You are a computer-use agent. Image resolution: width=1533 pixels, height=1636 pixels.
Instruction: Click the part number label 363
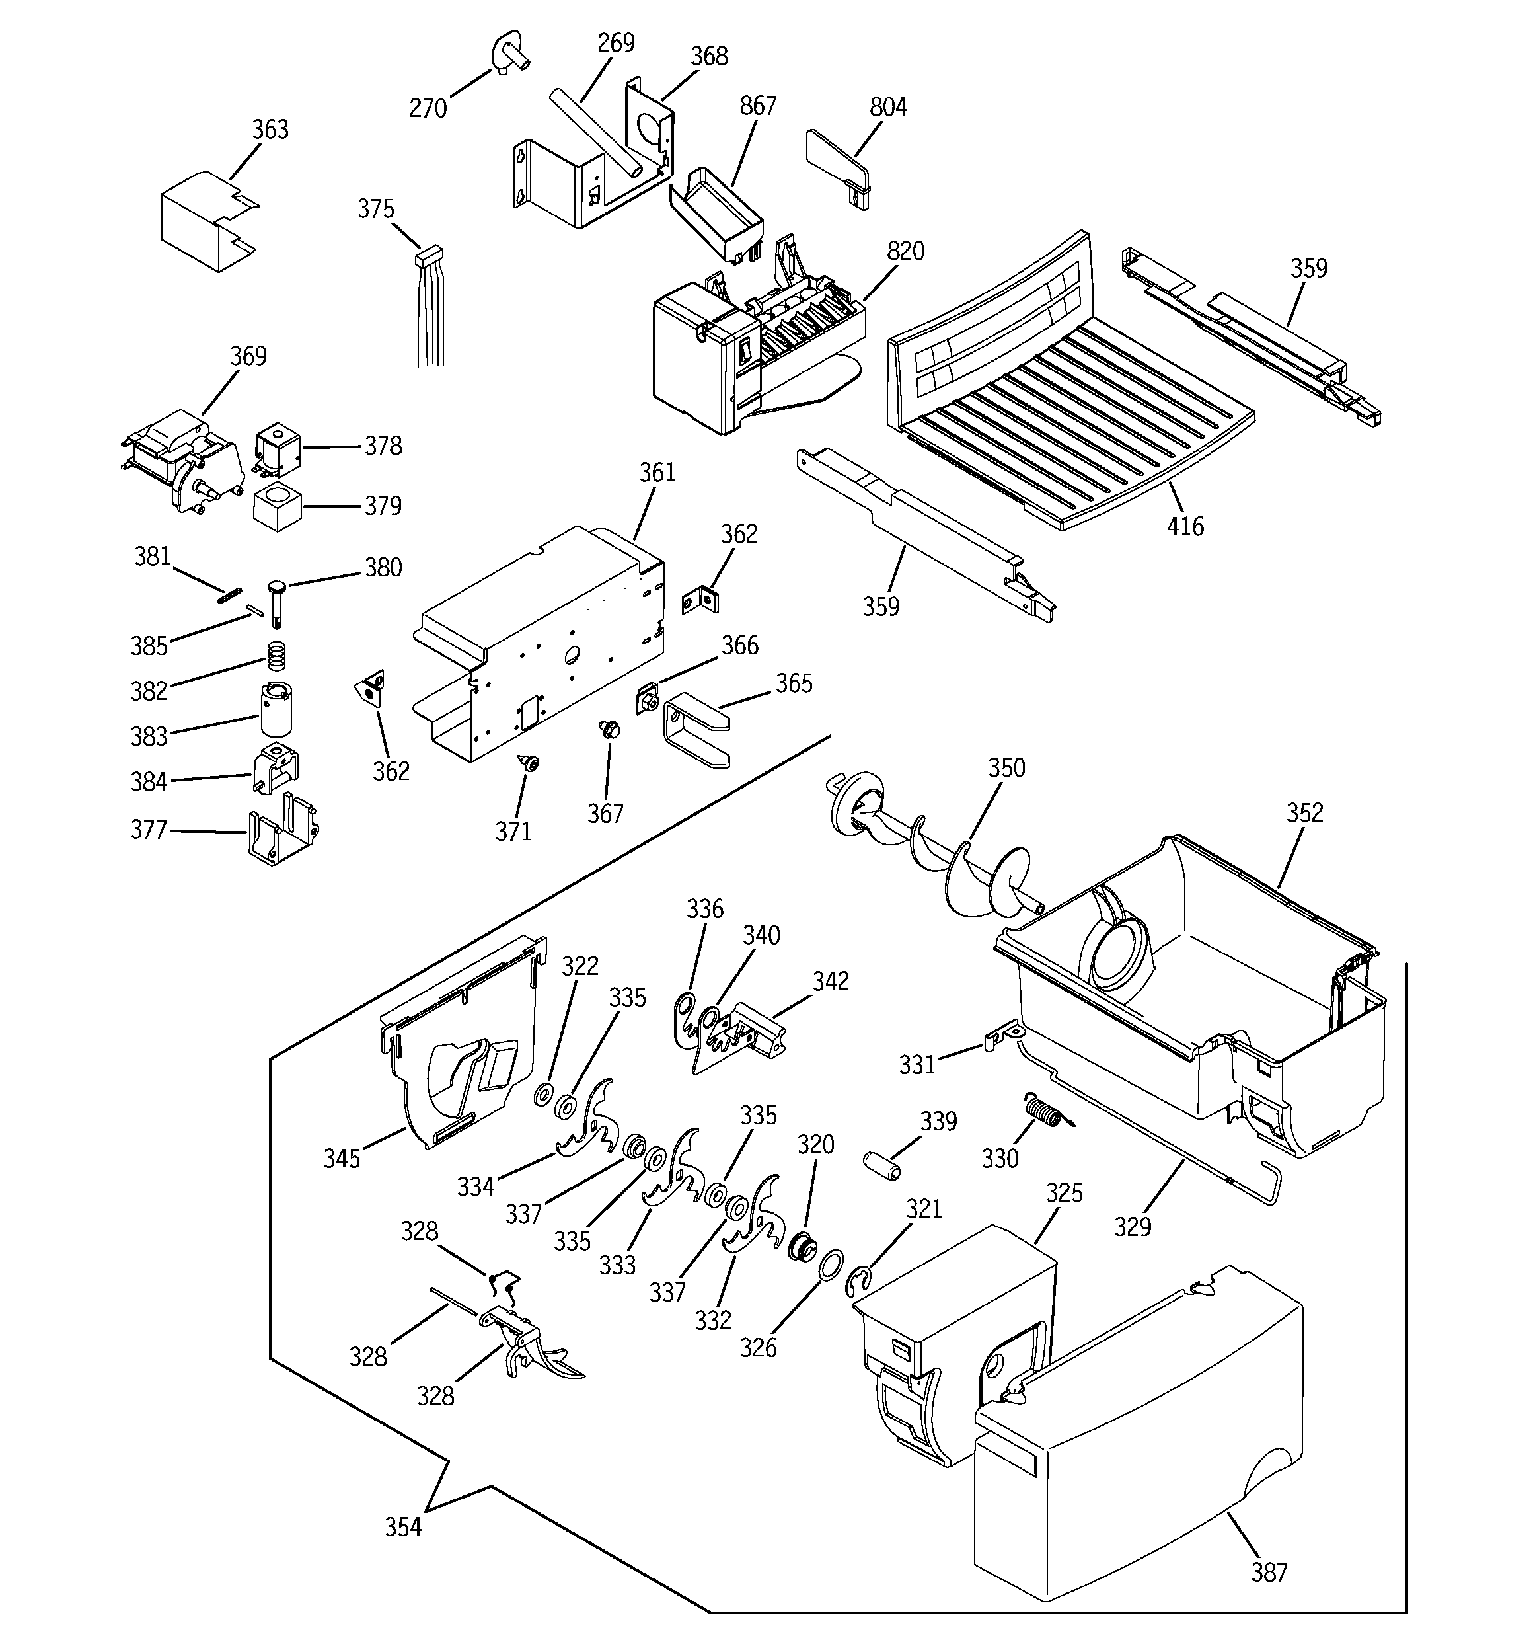tap(270, 130)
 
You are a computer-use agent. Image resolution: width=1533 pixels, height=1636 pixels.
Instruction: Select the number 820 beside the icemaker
tap(905, 251)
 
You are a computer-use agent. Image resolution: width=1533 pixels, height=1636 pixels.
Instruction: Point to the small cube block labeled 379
tap(276, 508)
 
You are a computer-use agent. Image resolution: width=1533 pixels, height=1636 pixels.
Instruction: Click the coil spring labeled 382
tap(278, 655)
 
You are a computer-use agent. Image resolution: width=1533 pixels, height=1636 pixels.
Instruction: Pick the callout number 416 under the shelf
tap(1185, 527)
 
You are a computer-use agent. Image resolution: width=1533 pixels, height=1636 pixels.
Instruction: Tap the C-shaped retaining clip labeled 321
tap(856, 1281)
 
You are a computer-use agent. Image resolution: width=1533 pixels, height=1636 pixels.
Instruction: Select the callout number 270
tap(428, 108)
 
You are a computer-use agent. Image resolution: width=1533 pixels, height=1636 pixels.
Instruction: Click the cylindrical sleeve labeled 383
tap(276, 710)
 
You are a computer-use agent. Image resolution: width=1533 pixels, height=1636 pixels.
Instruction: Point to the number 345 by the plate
tap(342, 1159)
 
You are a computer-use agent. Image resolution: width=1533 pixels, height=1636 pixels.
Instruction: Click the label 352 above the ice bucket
tap(1304, 813)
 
